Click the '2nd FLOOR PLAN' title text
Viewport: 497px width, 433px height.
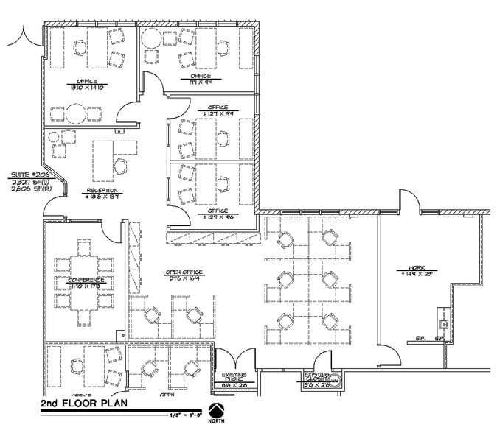coord(82,406)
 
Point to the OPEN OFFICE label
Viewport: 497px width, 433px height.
coord(184,273)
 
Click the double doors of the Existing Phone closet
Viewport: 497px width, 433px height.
coord(234,359)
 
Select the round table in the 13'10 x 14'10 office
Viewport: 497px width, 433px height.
coord(74,113)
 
